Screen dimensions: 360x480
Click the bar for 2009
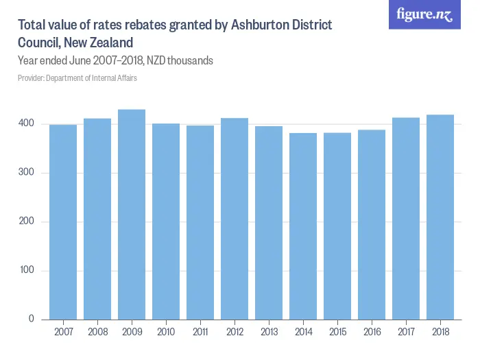132,215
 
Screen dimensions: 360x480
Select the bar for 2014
303,226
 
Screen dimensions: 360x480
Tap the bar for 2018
440,217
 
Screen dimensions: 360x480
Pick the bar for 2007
63,222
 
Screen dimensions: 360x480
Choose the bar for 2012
235,219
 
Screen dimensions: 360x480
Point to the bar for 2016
372,225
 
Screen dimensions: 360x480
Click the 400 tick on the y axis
26,123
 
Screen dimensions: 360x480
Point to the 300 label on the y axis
26,173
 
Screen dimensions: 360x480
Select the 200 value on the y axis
26,221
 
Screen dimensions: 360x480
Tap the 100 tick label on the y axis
26,271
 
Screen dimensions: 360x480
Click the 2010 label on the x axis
166,333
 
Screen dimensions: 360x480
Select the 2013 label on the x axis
269,333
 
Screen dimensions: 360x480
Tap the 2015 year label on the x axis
337,333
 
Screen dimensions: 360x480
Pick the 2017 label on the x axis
406,333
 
